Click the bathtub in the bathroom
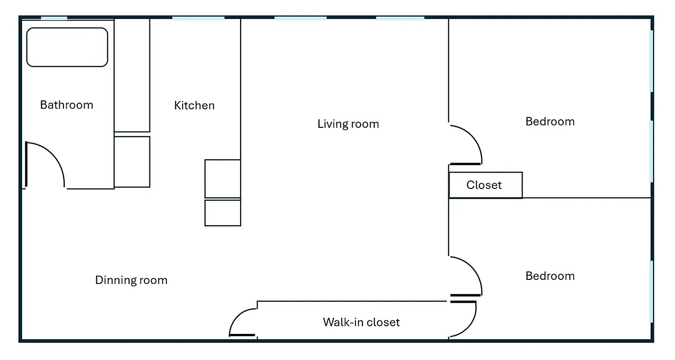click(67, 47)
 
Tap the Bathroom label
click(67, 105)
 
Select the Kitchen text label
click(194, 105)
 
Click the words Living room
click(348, 124)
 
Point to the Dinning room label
click(131, 280)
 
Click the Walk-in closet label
click(361, 322)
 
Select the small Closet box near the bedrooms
click(485, 185)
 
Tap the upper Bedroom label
click(550, 121)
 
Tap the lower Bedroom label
click(550, 276)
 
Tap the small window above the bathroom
click(54, 18)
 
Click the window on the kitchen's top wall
click(198, 18)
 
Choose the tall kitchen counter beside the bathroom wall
click(132, 75)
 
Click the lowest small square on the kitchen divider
click(223, 213)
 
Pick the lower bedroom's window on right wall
click(651, 291)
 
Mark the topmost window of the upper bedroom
click(651, 61)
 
